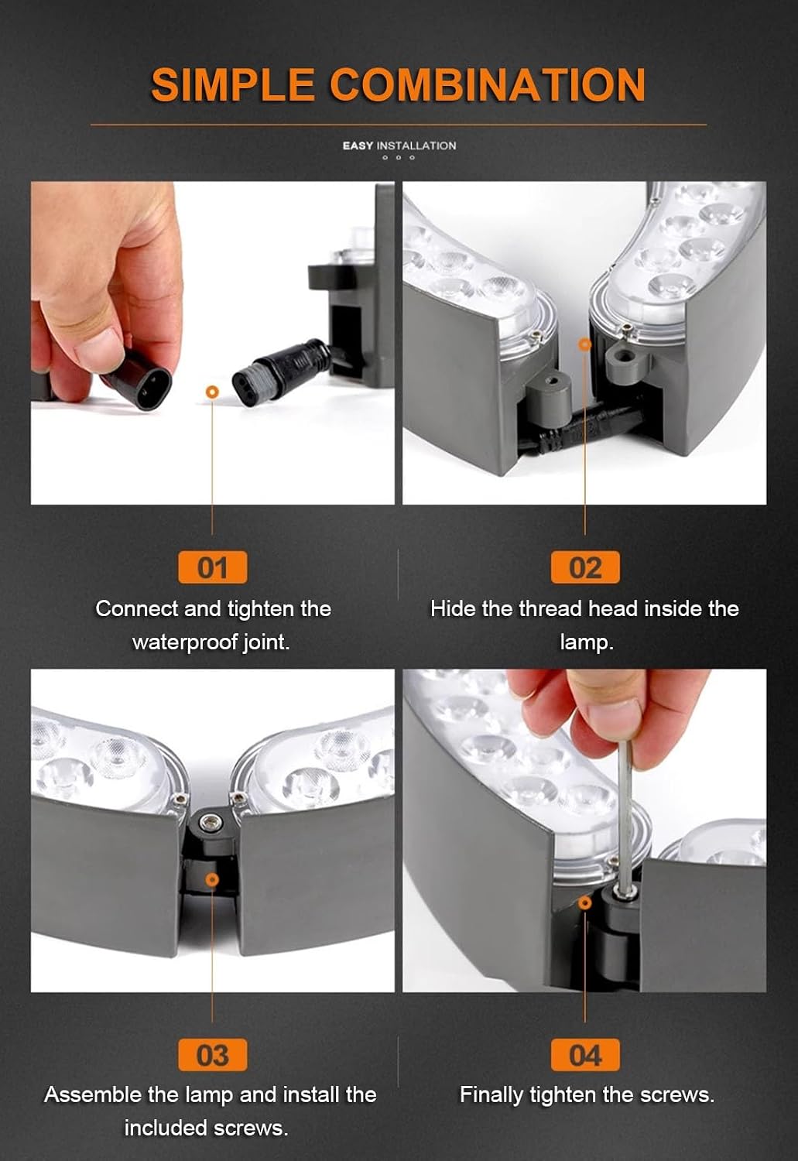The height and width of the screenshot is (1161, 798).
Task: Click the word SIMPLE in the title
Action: click(232, 84)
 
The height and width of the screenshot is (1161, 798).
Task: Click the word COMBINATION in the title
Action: click(487, 84)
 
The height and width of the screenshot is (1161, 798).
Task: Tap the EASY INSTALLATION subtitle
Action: click(399, 146)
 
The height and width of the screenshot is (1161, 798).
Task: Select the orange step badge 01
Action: click(212, 567)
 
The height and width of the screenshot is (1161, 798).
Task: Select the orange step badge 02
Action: click(585, 567)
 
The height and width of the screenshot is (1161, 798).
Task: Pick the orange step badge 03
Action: click(212, 1055)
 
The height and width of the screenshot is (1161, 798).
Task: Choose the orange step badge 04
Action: click(585, 1055)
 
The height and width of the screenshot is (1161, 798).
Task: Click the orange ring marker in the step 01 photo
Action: click(212, 392)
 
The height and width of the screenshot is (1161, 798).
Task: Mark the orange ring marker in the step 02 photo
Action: click(585, 344)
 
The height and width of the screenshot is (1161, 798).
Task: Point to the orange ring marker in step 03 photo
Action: click(212, 879)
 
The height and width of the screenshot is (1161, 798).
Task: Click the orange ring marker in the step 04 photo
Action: click(585, 903)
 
